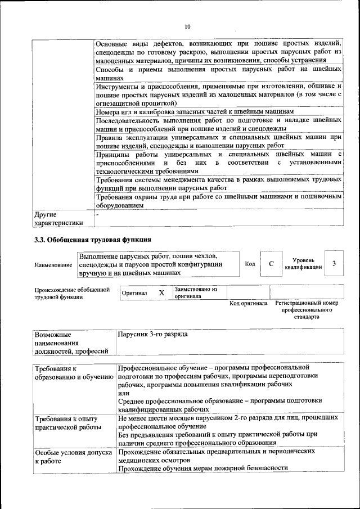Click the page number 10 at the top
click(187, 27)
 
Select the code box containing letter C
click(271, 264)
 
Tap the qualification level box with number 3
click(334, 264)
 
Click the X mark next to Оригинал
click(161, 293)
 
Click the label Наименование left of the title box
click(53, 264)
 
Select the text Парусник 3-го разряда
click(153, 335)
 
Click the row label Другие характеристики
click(59, 218)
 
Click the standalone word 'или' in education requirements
click(124, 393)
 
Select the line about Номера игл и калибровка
click(195, 111)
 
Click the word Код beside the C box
click(250, 264)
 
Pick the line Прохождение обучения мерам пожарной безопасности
click(203, 468)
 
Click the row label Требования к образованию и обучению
click(74, 373)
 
